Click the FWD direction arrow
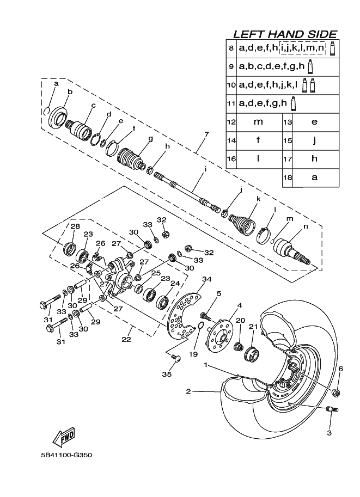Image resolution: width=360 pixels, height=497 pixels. [x=63, y=437]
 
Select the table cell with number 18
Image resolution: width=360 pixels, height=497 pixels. [x=287, y=177]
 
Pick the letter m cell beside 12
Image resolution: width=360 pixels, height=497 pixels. [x=258, y=122]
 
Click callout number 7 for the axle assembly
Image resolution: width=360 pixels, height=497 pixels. [x=206, y=134]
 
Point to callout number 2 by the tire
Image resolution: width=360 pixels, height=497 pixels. [x=187, y=391]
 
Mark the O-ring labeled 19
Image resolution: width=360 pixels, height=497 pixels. [x=200, y=327]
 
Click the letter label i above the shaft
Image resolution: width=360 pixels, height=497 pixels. [x=205, y=169]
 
